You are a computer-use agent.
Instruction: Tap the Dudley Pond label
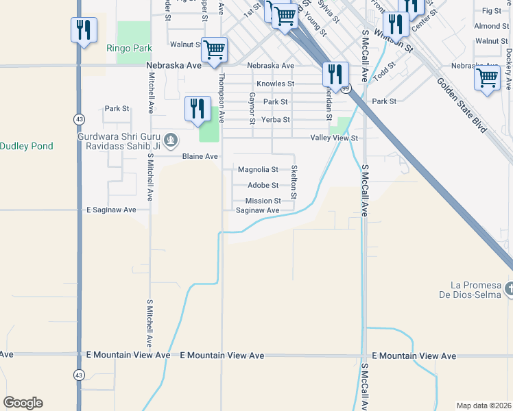(x=26, y=146)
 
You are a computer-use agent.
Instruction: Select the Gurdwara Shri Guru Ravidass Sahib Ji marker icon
(x=171, y=141)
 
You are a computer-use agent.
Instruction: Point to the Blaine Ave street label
(x=200, y=157)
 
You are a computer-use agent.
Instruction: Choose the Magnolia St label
(x=258, y=170)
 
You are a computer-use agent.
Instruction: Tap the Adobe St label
(x=263, y=186)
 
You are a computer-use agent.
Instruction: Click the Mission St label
(x=263, y=201)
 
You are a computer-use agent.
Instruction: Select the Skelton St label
(x=294, y=182)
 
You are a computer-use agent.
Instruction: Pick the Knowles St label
(x=275, y=84)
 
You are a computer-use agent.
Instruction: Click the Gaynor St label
(x=252, y=108)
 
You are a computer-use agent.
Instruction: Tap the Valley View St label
(x=335, y=138)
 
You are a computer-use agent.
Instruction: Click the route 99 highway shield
(x=346, y=88)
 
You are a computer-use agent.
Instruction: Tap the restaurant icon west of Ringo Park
(x=84, y=30)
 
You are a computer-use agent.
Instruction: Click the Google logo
(x=23, y=403)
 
